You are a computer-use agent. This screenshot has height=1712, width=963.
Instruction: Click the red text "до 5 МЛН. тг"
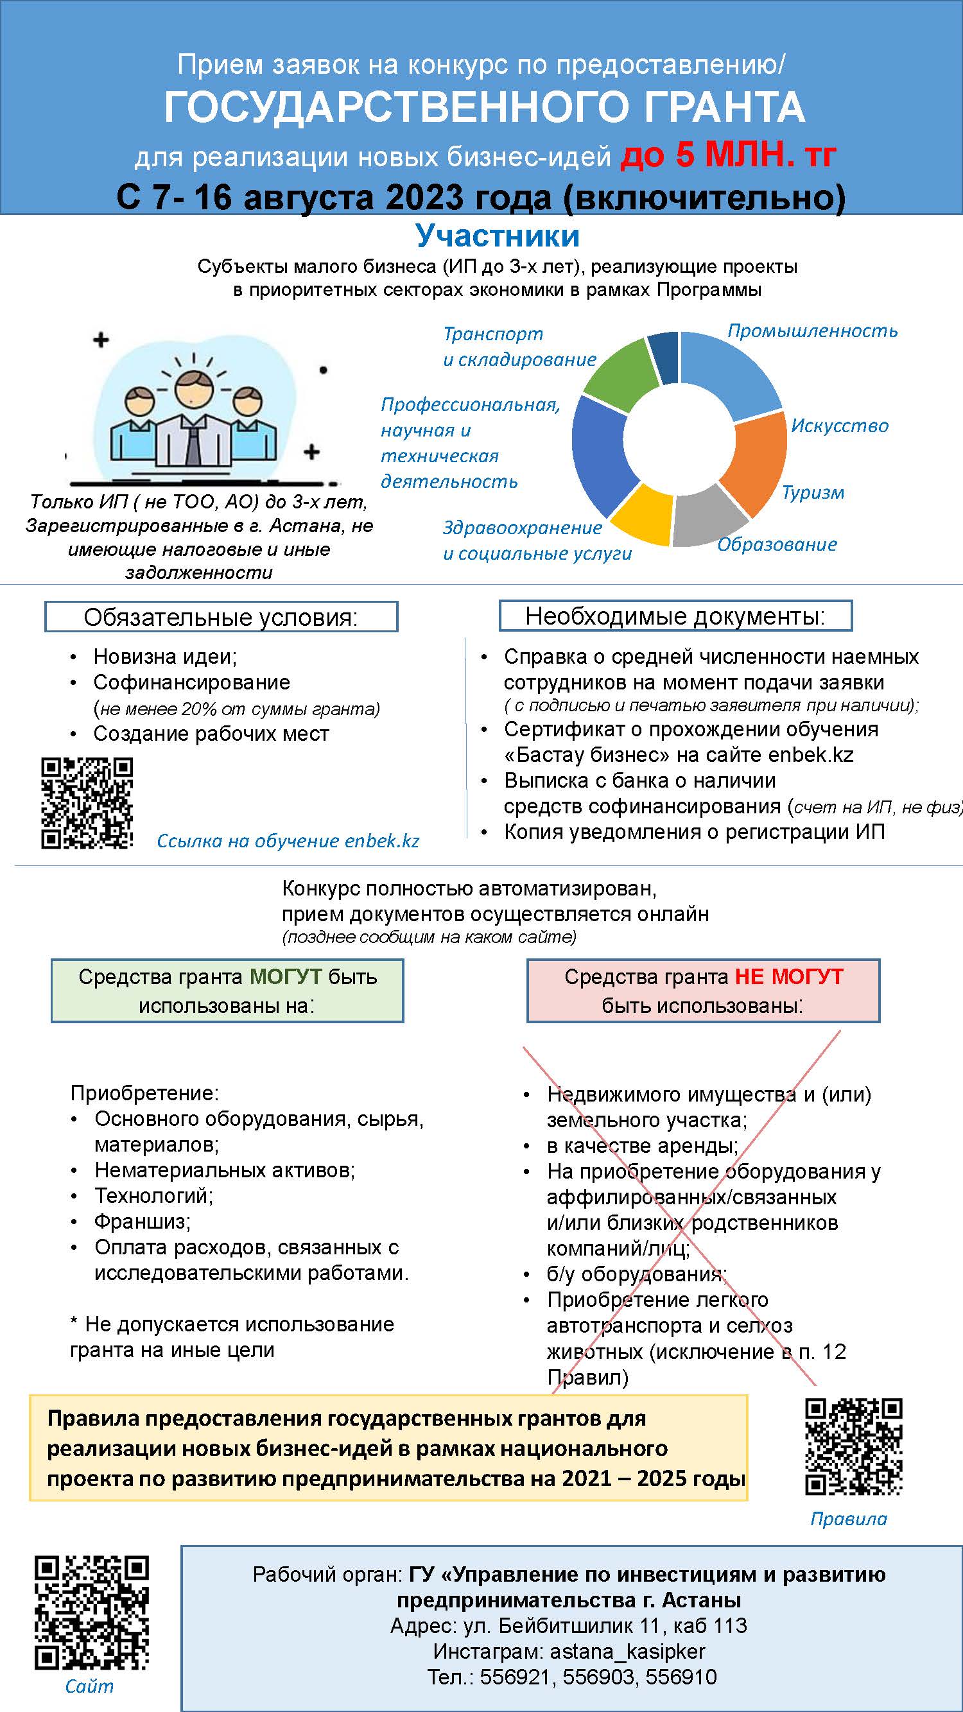point(728,156)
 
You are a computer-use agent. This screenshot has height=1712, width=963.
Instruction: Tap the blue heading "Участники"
point(497,236)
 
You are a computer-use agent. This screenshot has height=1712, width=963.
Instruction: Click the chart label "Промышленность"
point(812,331)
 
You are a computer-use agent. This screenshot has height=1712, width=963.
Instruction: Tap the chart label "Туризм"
point(813,493)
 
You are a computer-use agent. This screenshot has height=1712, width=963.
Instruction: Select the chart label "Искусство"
point(839,426)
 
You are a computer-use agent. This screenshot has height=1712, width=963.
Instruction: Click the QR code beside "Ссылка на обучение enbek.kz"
point(87,804)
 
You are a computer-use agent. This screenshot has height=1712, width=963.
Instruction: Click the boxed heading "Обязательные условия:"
point(221,618)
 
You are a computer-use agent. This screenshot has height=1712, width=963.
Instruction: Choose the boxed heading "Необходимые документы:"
point(675,616)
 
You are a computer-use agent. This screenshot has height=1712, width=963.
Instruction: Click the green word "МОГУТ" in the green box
point(285,977)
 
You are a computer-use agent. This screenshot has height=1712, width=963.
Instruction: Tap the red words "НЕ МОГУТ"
point(789,977)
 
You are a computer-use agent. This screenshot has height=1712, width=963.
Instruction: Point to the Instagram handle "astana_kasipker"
point(627,1652)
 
